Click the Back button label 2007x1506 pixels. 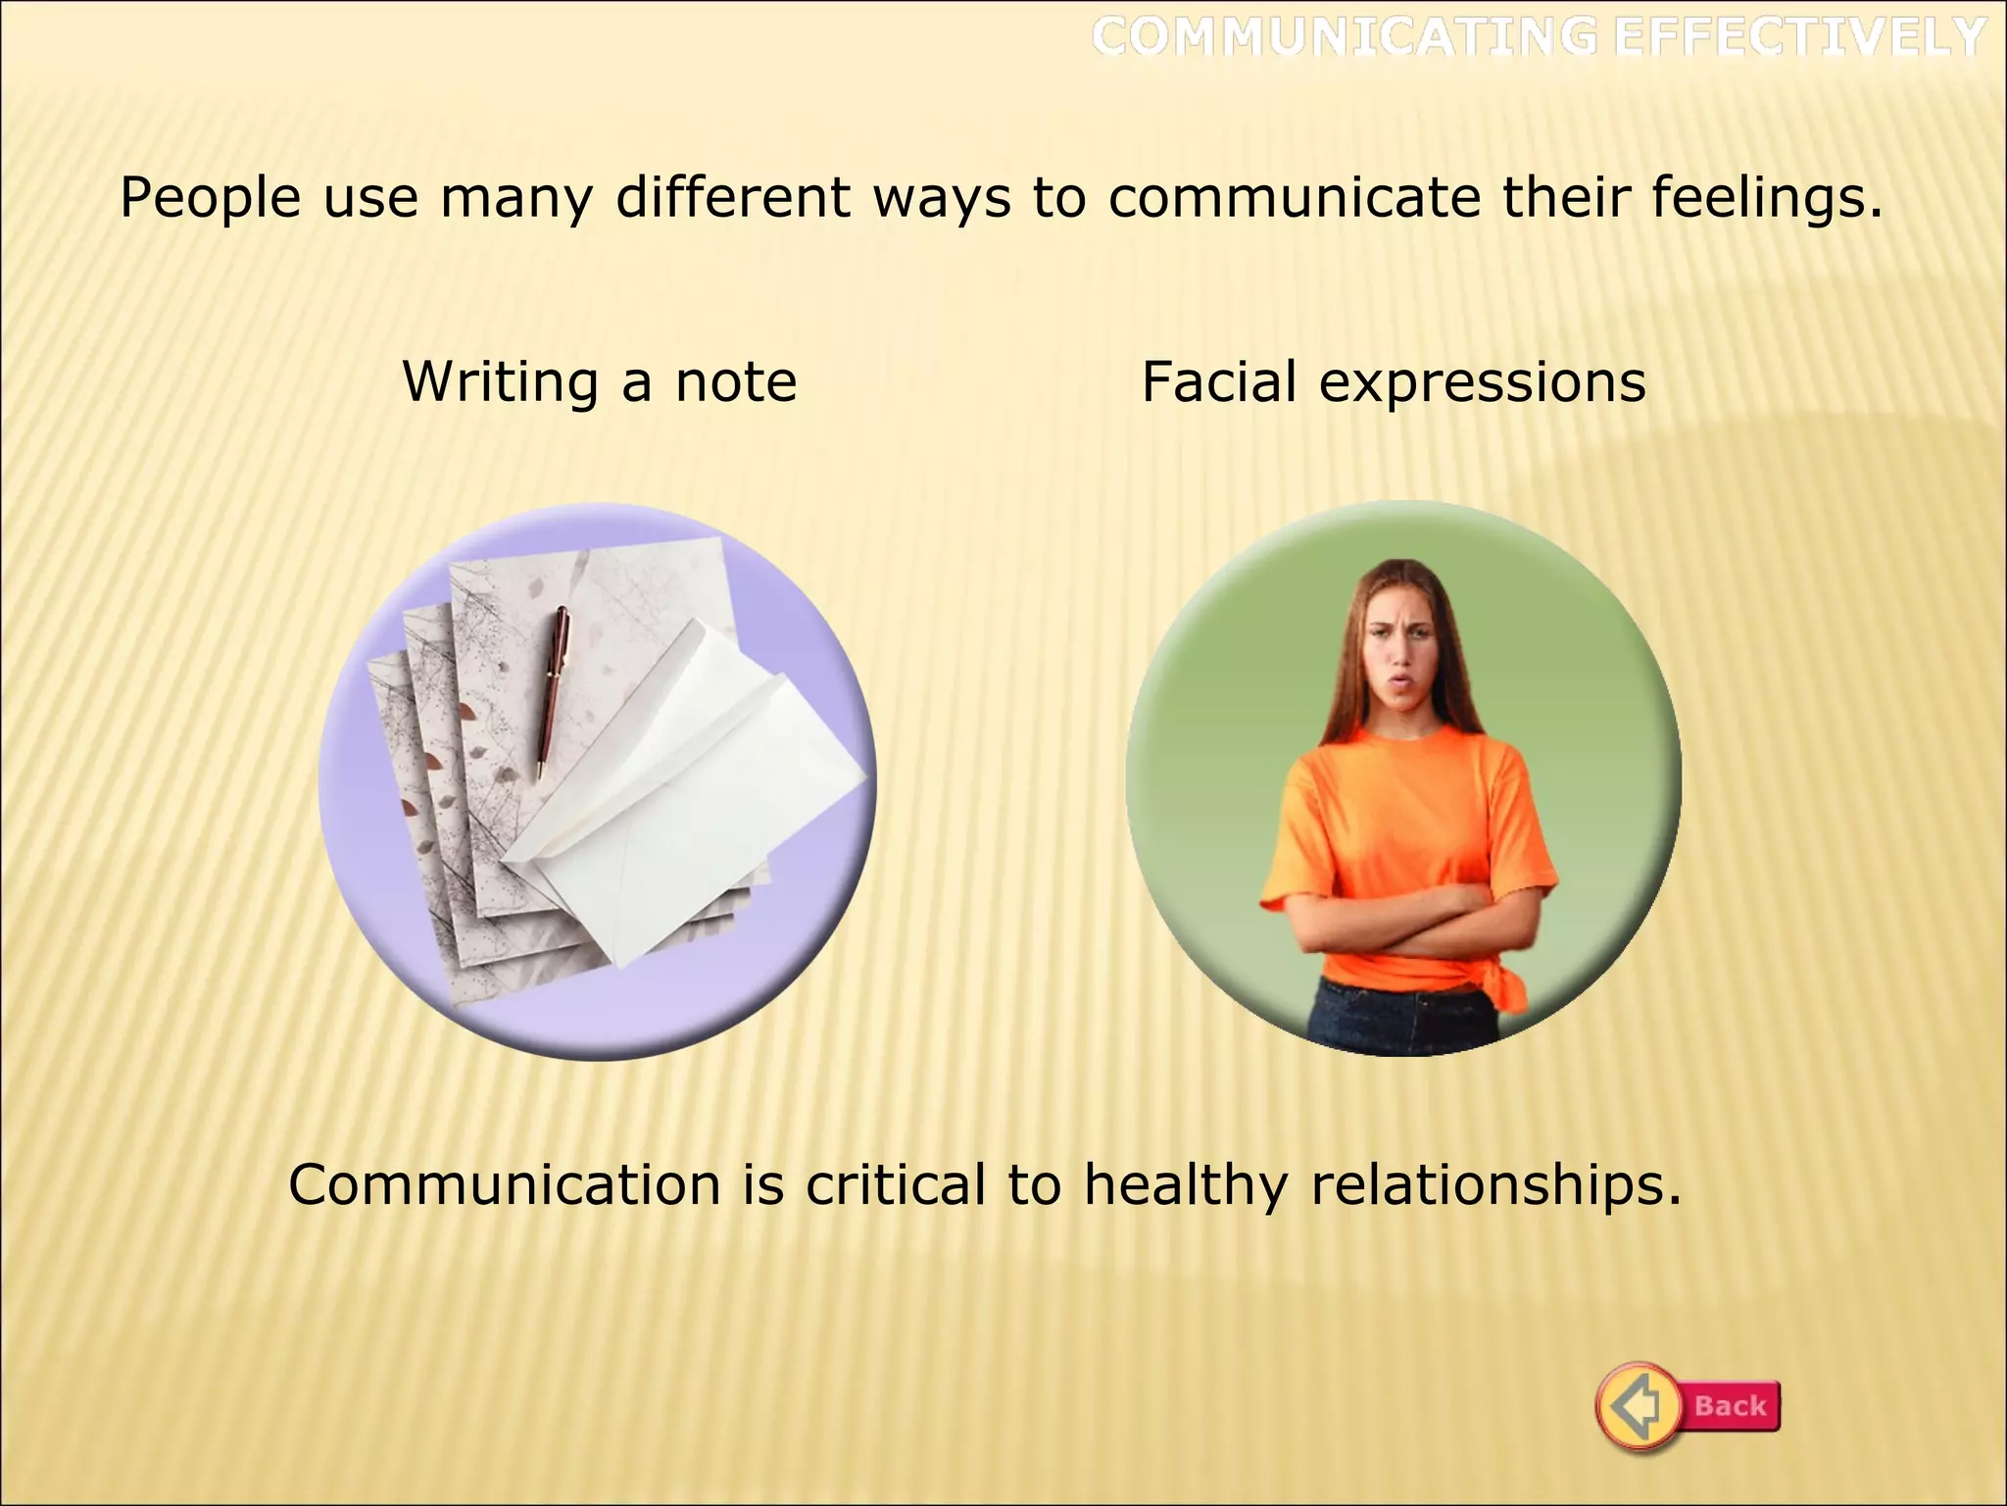point(1730,1406)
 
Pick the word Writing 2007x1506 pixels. point(500,382)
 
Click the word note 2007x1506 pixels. point(736,382)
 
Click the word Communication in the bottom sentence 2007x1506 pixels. point(504,1185)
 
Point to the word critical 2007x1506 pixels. point(895,1185)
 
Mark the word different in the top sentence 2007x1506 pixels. point(732,197)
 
